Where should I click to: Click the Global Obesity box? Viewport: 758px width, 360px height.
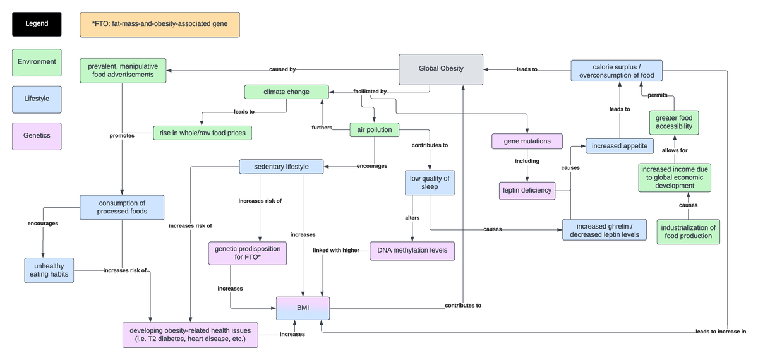441,69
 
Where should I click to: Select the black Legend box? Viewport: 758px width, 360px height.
37,24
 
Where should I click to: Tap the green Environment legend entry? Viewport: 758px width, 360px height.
37,63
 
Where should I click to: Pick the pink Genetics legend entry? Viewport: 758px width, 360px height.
37,136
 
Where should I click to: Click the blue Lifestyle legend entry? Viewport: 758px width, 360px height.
37,99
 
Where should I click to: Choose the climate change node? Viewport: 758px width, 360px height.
287,92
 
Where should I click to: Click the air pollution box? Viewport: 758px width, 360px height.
375,130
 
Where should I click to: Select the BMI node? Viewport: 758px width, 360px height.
303,308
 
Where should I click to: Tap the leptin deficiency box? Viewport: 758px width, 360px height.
527,190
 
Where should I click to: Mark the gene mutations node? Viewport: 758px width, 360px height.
527,141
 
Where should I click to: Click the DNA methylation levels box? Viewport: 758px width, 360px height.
412,251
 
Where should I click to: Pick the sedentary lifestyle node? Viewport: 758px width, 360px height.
281,167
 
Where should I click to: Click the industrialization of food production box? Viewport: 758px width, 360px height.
688,232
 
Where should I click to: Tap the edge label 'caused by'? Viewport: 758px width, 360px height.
282,69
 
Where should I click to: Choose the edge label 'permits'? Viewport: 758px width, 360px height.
658,95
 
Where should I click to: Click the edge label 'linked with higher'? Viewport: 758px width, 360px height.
336,251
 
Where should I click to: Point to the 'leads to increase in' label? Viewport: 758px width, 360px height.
720,332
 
